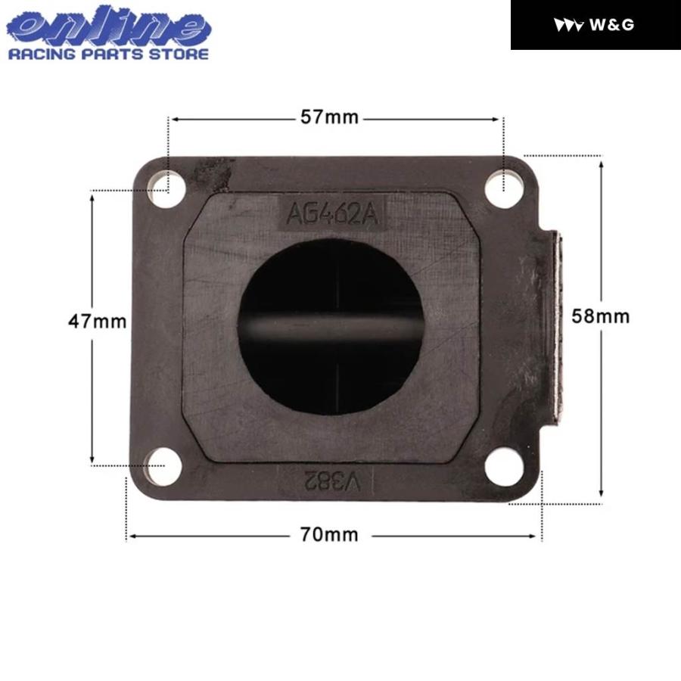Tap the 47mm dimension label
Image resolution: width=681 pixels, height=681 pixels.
(x=98, y=321)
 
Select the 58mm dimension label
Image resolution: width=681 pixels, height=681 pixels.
(x=602, y=316)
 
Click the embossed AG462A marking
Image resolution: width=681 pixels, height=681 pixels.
(x=331, y=213)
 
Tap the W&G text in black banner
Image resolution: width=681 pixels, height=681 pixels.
(x=611, y=25)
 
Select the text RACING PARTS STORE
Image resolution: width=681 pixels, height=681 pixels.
(x=108, y=54)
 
